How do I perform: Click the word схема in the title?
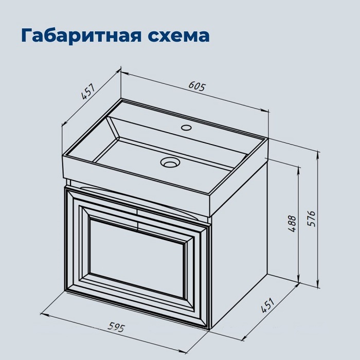click(177, 35)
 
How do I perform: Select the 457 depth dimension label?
click(88, 93)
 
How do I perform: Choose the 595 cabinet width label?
click(117, 326)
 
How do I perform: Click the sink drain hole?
click(169, 163)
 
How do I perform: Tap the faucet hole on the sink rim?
click(186, 128)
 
